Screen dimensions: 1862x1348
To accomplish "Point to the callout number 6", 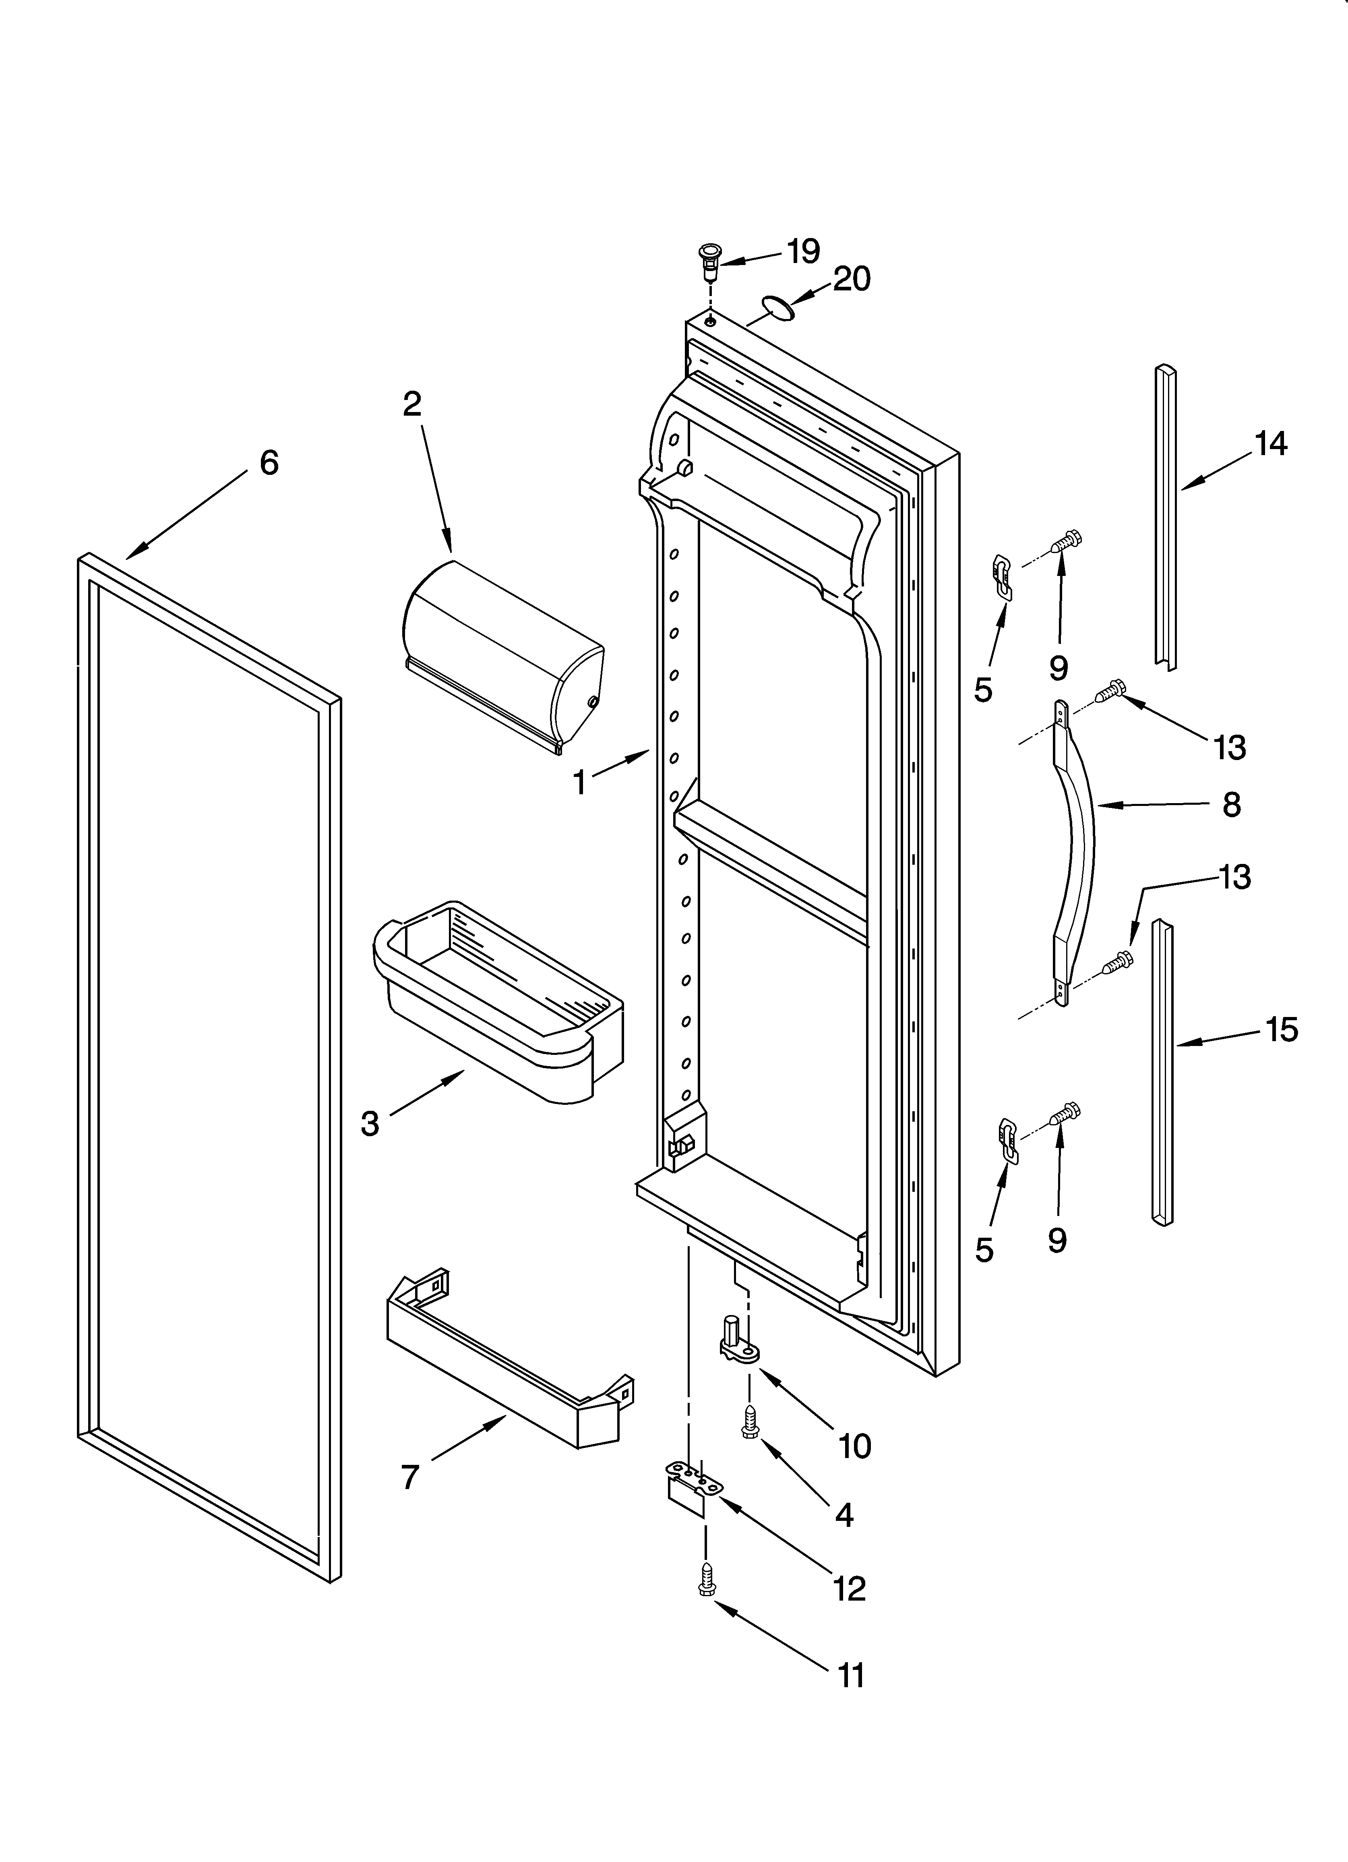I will coord(269,463).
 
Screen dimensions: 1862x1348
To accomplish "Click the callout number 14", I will coord(1271,444).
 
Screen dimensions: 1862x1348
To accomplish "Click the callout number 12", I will coord(850,1589).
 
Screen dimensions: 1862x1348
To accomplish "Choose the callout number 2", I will coord(412,403).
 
